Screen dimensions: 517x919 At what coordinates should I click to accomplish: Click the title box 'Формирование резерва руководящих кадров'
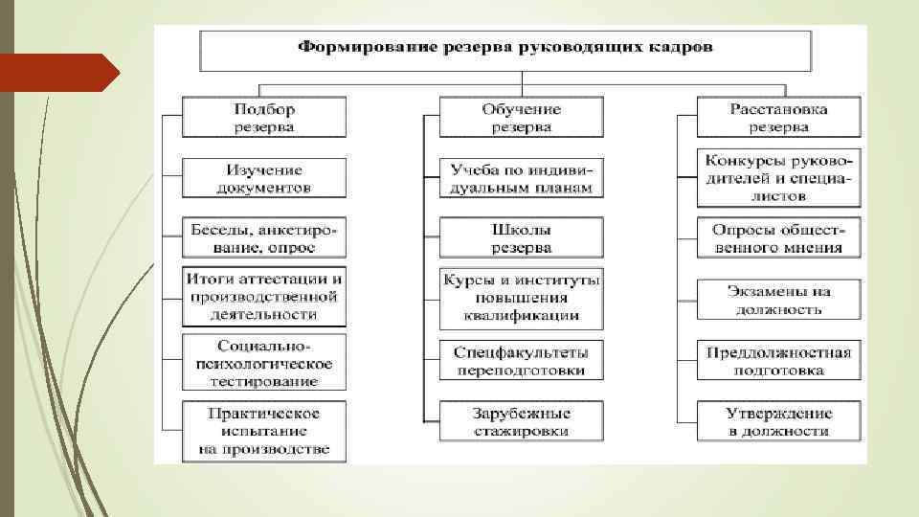[x=505, y=48]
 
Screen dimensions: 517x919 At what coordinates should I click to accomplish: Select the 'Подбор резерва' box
[x=264, y=117]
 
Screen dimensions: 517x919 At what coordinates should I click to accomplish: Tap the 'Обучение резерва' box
[x=522, y=117]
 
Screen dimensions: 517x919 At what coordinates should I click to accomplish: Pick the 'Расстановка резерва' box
[x=778, y=117]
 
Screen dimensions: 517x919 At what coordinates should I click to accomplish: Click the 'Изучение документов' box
[x=264, y=179]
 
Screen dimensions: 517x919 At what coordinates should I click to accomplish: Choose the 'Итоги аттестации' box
[x=264, y=296]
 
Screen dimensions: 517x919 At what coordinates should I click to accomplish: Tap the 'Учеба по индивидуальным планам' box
[x=522, y=179]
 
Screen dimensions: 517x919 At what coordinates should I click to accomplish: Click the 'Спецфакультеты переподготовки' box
[x=522, y=360]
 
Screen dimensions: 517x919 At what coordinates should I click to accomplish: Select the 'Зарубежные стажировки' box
[x=522, y=422]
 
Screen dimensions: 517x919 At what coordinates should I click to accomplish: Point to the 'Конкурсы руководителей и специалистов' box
[x=778, y=177]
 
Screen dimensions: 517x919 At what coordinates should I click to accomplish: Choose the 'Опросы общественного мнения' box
[x=778, y=238]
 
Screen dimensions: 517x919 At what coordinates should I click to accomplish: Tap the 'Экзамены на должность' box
[x=778, y=300]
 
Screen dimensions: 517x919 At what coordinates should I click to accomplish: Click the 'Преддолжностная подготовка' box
[x=778, y=360]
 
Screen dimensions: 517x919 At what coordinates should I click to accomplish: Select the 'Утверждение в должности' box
[x=778, y=422]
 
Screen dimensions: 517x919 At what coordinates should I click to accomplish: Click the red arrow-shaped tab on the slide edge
[x=57, y=73]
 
